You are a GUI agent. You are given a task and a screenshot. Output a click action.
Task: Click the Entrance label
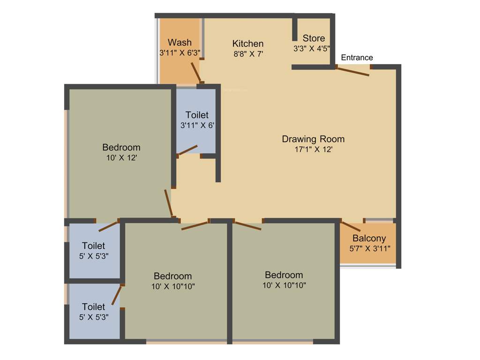click(357, 58)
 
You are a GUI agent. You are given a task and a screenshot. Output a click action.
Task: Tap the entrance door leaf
click(354, 71)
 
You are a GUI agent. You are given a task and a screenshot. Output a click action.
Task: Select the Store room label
click(314, 38)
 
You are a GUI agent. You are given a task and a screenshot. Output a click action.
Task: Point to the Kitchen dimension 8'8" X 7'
click(247, 53)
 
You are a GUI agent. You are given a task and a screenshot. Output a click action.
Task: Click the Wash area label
click(180, 43)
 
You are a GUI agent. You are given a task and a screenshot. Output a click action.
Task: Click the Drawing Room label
click(313, 139)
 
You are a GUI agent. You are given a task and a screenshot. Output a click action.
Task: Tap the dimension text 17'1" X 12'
click(313, 150)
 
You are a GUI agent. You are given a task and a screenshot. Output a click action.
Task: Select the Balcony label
click(369, 238)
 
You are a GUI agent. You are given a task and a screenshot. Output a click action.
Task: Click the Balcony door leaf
click(350, 226)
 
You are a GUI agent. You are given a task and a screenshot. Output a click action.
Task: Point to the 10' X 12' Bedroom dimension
click(121, 158)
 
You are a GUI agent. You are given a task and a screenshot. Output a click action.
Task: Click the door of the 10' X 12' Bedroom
click(169, 203)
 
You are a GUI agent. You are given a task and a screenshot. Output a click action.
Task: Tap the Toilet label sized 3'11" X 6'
click(197, 115)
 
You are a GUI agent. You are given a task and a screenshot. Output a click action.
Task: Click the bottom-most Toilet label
click(93, 307)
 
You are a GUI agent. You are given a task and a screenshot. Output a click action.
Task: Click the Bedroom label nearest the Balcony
click(284, 275)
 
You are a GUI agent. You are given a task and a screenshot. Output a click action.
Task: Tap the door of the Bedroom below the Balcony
click(247, 225)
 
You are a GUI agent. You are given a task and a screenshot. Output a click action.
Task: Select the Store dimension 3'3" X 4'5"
click(312, 48)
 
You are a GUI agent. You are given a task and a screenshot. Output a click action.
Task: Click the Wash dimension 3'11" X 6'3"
click(180, 53)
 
